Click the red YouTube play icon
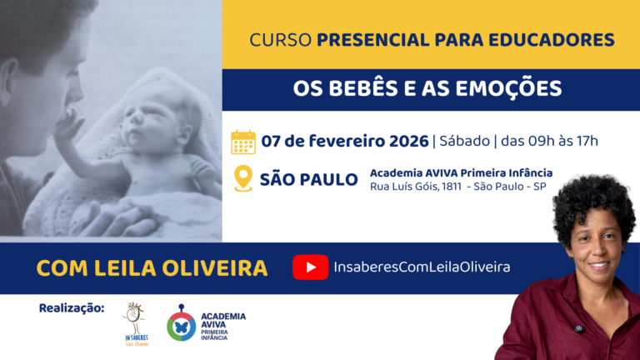pyautogui.click(x=311, y=267)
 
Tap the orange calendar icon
pyautogui.click(x=242, y=142)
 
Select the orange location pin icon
pyautogui.click(x=242, y=178)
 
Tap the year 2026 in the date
pyautogui.click(x=406, y=141)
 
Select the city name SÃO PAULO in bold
pyautogui.click(x=308, y=179)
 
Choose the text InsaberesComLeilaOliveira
pyautogui.click(x=421, y=267)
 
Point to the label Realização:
pyautogui.click(x=72, y=308)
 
